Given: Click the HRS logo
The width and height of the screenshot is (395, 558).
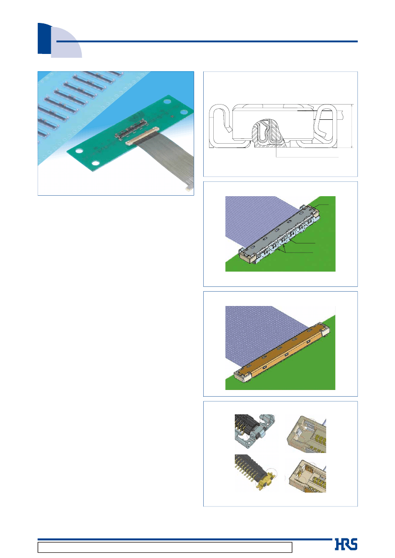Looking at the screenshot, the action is point(346,544).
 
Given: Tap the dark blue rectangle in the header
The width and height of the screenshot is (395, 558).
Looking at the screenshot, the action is point(44,39).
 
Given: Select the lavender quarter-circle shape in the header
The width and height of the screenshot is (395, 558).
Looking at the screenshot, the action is point(66,42).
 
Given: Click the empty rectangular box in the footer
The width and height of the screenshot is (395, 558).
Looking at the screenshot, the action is point(165,547).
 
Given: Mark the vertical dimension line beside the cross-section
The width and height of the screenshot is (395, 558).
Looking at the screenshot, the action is point(352,126).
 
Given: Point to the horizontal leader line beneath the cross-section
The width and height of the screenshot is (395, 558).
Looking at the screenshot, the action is point(307,157).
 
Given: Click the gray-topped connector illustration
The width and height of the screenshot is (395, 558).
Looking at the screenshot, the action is point(279,233).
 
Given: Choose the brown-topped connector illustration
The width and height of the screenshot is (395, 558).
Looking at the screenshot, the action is point(281,352).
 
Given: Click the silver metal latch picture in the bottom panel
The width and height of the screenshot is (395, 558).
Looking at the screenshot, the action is point(254,431).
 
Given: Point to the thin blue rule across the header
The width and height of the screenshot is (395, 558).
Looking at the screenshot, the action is point(207,41).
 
